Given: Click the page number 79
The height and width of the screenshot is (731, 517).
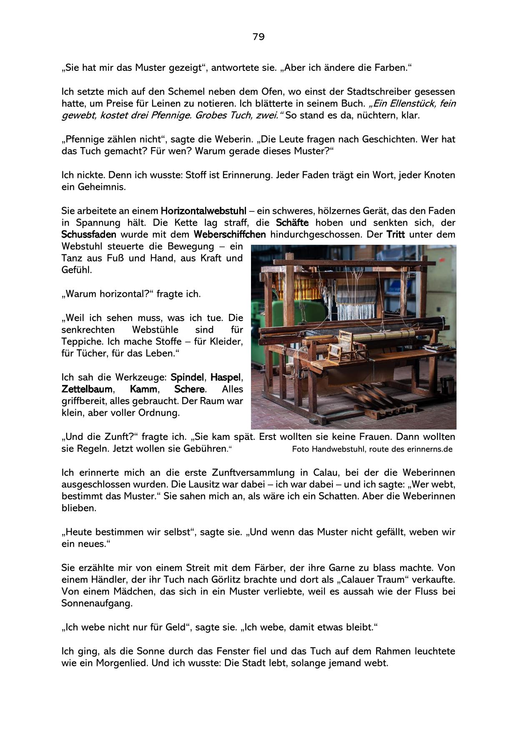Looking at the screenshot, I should (258, 37).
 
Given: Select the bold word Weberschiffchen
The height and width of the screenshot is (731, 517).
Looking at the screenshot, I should (229, 234).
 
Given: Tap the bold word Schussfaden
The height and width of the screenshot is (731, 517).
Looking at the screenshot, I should (88, 234).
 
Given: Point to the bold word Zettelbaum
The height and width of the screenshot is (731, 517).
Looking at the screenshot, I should (87, 389).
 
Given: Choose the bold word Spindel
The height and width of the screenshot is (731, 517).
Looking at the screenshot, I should (187, 377).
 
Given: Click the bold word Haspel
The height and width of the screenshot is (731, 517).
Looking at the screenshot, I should (226, 377).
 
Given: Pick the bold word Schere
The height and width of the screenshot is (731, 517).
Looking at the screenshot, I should (189, 389).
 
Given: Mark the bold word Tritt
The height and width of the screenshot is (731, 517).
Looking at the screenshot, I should (395, 234).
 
